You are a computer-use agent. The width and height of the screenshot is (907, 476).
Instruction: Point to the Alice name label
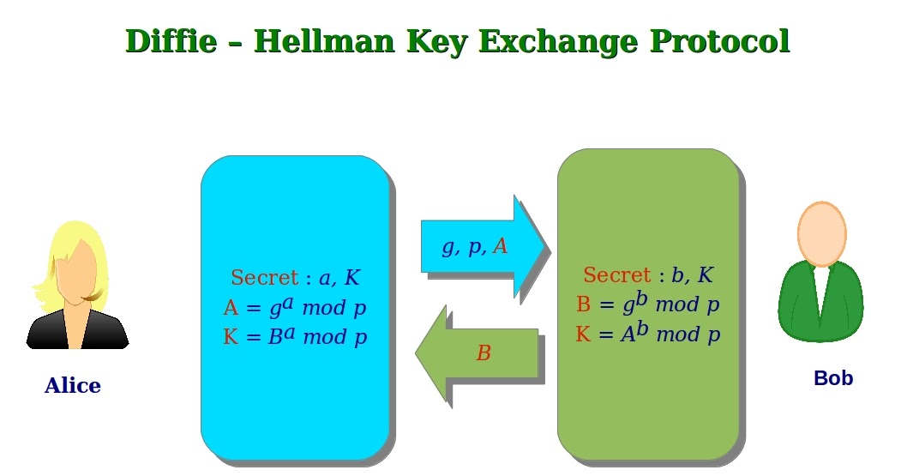(73, 386)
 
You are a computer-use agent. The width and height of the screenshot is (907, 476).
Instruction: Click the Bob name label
(833, 378)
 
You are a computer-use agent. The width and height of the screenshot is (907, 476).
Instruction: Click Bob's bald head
(821, 233)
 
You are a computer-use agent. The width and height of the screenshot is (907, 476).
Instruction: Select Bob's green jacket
(797, 304)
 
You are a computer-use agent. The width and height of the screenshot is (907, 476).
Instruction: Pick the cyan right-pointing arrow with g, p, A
(480, 247)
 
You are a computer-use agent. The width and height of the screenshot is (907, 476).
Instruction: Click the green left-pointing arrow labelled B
(480, 353)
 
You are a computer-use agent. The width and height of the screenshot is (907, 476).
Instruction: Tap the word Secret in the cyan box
(265, 278)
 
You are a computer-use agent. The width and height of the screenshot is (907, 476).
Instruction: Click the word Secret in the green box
(617, 275)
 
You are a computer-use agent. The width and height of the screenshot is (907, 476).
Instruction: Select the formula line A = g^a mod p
(294, 307)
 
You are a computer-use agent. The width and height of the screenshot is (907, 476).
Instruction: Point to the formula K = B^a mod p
(294, 336)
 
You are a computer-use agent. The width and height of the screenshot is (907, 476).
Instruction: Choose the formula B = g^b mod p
(647, 304)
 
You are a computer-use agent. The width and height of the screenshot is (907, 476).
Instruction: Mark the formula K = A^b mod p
(647, 333)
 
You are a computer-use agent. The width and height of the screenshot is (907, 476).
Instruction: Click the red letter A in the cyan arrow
(501, 247)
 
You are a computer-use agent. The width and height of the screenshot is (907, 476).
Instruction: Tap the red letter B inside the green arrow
(484, 353)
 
